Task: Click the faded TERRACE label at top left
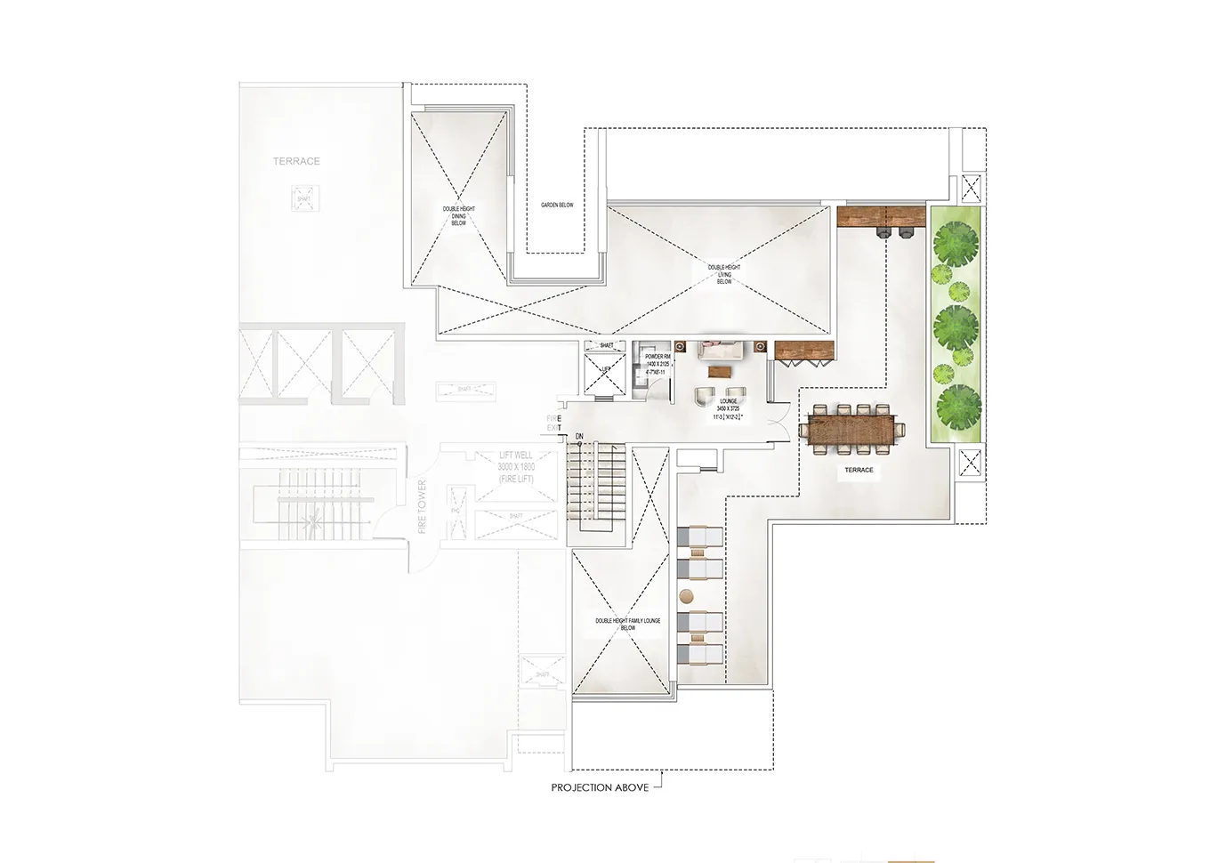tap(296, 161)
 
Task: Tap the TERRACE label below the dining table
tap(859, 470)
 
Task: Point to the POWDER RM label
tap(657, 357)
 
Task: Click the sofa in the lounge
tap(720, 350)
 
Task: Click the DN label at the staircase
tap(579, 437)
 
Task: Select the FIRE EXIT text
tap(554, 423)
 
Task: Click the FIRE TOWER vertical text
tap(422, 507)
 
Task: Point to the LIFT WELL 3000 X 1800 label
tap(516, 466)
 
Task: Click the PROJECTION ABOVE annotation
tap(600, 787)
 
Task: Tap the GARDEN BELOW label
tap(557, 206)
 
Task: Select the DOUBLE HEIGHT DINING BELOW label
tap(459, 216)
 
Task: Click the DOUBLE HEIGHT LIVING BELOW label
tap(724, 274)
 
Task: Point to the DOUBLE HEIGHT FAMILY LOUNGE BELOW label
tap(628, 624)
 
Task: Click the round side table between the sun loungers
tap(686, 595)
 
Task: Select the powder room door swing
tap(659, 385)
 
